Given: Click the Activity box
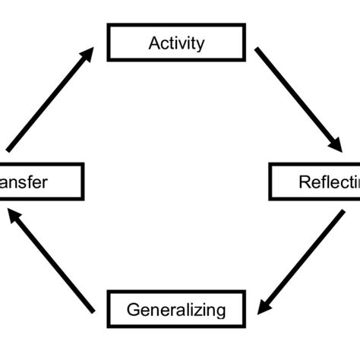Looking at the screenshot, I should point(176,43).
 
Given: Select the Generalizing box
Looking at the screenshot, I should point(176,310).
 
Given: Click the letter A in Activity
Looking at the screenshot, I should point(153,43).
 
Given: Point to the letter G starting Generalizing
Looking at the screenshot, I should point(133,310).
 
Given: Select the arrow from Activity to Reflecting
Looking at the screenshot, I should point(296,99).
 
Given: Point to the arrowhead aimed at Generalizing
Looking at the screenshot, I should point(264,307).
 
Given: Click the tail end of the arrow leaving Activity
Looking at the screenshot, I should point(257,51).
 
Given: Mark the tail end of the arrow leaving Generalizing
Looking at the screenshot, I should point(93,311).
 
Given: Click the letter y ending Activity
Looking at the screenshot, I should point(200,45).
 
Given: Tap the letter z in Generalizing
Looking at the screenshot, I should point(201,310).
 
